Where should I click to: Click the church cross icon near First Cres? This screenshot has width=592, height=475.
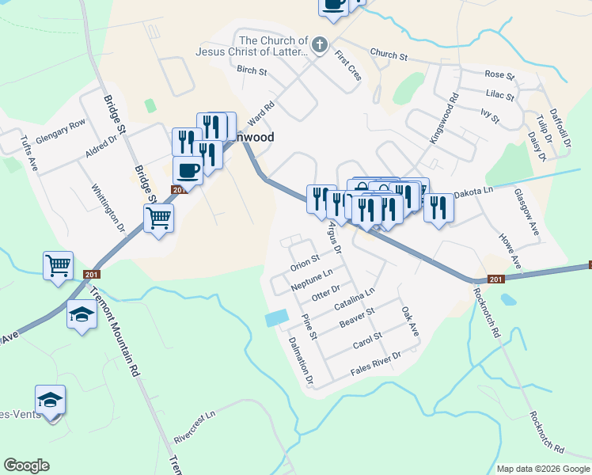320,44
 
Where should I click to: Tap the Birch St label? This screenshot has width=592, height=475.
252,70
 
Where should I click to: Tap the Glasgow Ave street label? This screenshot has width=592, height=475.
526,211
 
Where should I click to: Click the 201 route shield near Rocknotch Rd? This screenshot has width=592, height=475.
496,279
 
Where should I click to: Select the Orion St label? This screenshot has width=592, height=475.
304,259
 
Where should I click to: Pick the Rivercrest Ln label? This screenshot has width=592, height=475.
195,426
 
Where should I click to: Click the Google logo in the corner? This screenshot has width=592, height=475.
26,465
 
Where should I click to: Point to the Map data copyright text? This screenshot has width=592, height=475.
542,469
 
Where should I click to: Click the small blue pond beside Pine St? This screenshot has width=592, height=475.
276,318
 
